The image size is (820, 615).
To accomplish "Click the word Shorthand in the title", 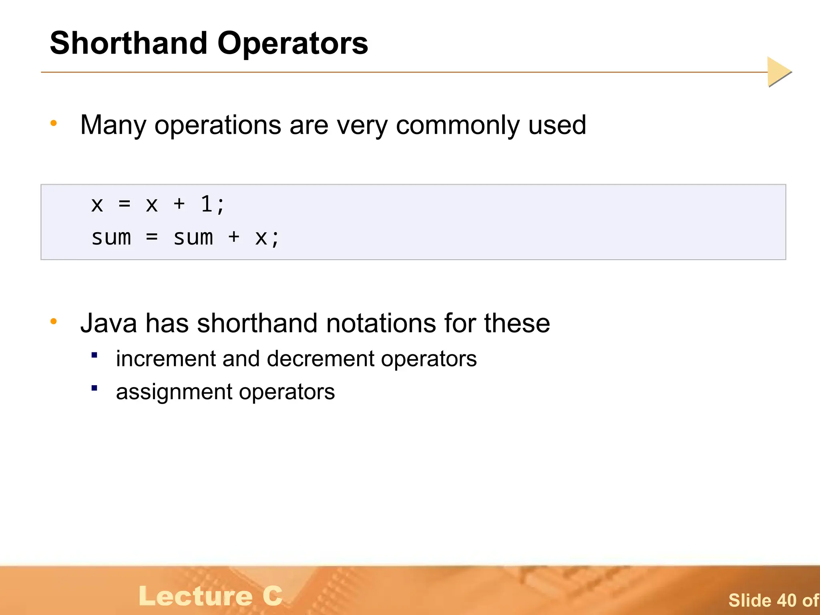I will pos(129,43).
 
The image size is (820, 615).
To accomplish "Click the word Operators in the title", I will pos(292,43).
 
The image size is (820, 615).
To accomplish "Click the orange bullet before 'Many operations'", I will pos(54,123).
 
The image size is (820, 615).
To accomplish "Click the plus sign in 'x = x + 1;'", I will pos(179,204).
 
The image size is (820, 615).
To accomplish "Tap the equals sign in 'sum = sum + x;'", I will pos(152,237).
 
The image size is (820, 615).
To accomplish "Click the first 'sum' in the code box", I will pos(111,237).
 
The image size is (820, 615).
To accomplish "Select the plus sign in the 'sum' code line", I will pos(234,237).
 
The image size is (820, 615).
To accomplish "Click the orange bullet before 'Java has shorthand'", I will pos(54,321).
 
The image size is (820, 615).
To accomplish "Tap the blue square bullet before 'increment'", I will pos(94,355).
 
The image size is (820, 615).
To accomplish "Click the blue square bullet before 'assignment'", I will pos(94,388).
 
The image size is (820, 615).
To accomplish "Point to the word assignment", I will pos(174,392).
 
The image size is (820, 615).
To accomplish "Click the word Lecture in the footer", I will pos(196,596).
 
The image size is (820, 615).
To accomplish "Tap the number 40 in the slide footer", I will pos(787,601).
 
